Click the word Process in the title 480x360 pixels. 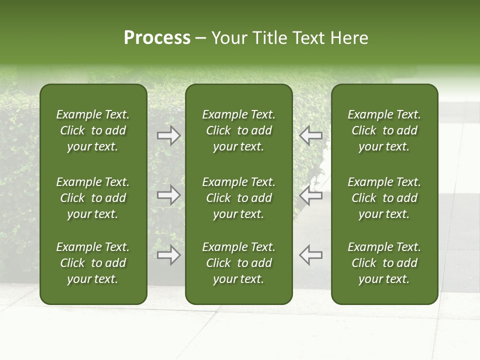pyautogui.click(x=157, y=38)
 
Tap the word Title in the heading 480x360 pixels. pyautogui.click(x=269, y=38)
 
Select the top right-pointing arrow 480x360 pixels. pyautogui.click(x=169, y=135)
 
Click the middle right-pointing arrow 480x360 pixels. pyautogui.click(x=169, y=195)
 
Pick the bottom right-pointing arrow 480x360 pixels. pyautogui.click(x=169, y=255)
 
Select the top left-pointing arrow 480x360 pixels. pyautogui.click(x=311, y=135)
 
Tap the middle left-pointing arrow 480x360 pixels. pyautogui.click(x=311, y=195)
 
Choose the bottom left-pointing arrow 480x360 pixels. pyautogui.click(x=311, y=255)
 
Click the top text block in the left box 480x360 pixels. pyautogui.click(x=93, y=130)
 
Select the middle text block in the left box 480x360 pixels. pyautogui.click(x=93, y=198)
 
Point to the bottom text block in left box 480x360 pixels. pyautogui.click(x=93, y=263)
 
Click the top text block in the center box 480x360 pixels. pyautogui.click(x=238, y=130)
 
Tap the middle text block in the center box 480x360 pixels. pyautogui.click(x=238, y=198)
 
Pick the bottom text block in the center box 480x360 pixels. pyautogui.click(x=238, y=263)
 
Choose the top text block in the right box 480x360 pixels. pyautogui.click(x=384, y=130)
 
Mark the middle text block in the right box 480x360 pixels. pyautogui.click(x=384, y=198)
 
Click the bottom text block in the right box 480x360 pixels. pyautogui.click(x=384, y=263)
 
